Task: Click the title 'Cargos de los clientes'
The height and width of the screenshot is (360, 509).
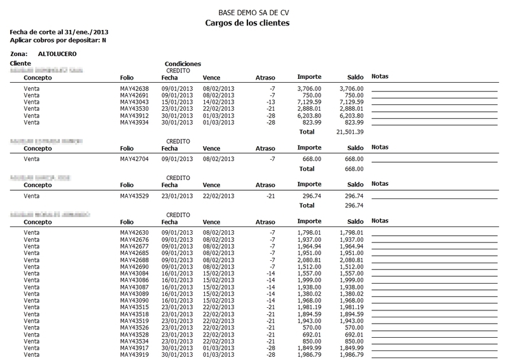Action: pyautogui.click(x=248, y=24)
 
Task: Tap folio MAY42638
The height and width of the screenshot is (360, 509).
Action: pyautogui.click(x=134, y=88)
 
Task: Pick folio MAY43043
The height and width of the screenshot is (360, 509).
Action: pyautogui.click(x=134, y=102)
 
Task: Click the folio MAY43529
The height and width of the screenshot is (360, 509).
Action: pyautogui.click(x=134, y=196)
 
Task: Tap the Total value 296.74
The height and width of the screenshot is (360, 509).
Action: pyautogui.click(x=352, y=205)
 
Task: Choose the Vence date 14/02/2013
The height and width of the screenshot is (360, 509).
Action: pyautogui.click(x=218, y=102)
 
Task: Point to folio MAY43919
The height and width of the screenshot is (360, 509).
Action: pyautogui.click(x=134, y=354)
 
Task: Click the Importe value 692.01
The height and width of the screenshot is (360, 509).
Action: pyautogui.click(x=311, y=334)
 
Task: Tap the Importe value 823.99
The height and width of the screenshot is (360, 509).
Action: pyautogui.click(x=311, y=121)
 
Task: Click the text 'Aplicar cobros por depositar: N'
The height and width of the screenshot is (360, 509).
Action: pyautogui.click(x=54, y=39)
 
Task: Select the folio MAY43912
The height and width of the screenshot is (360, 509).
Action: pyautogui.click(x=134, y=115)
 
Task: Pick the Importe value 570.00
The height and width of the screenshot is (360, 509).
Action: pyautogui.click(x=311, y=328)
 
